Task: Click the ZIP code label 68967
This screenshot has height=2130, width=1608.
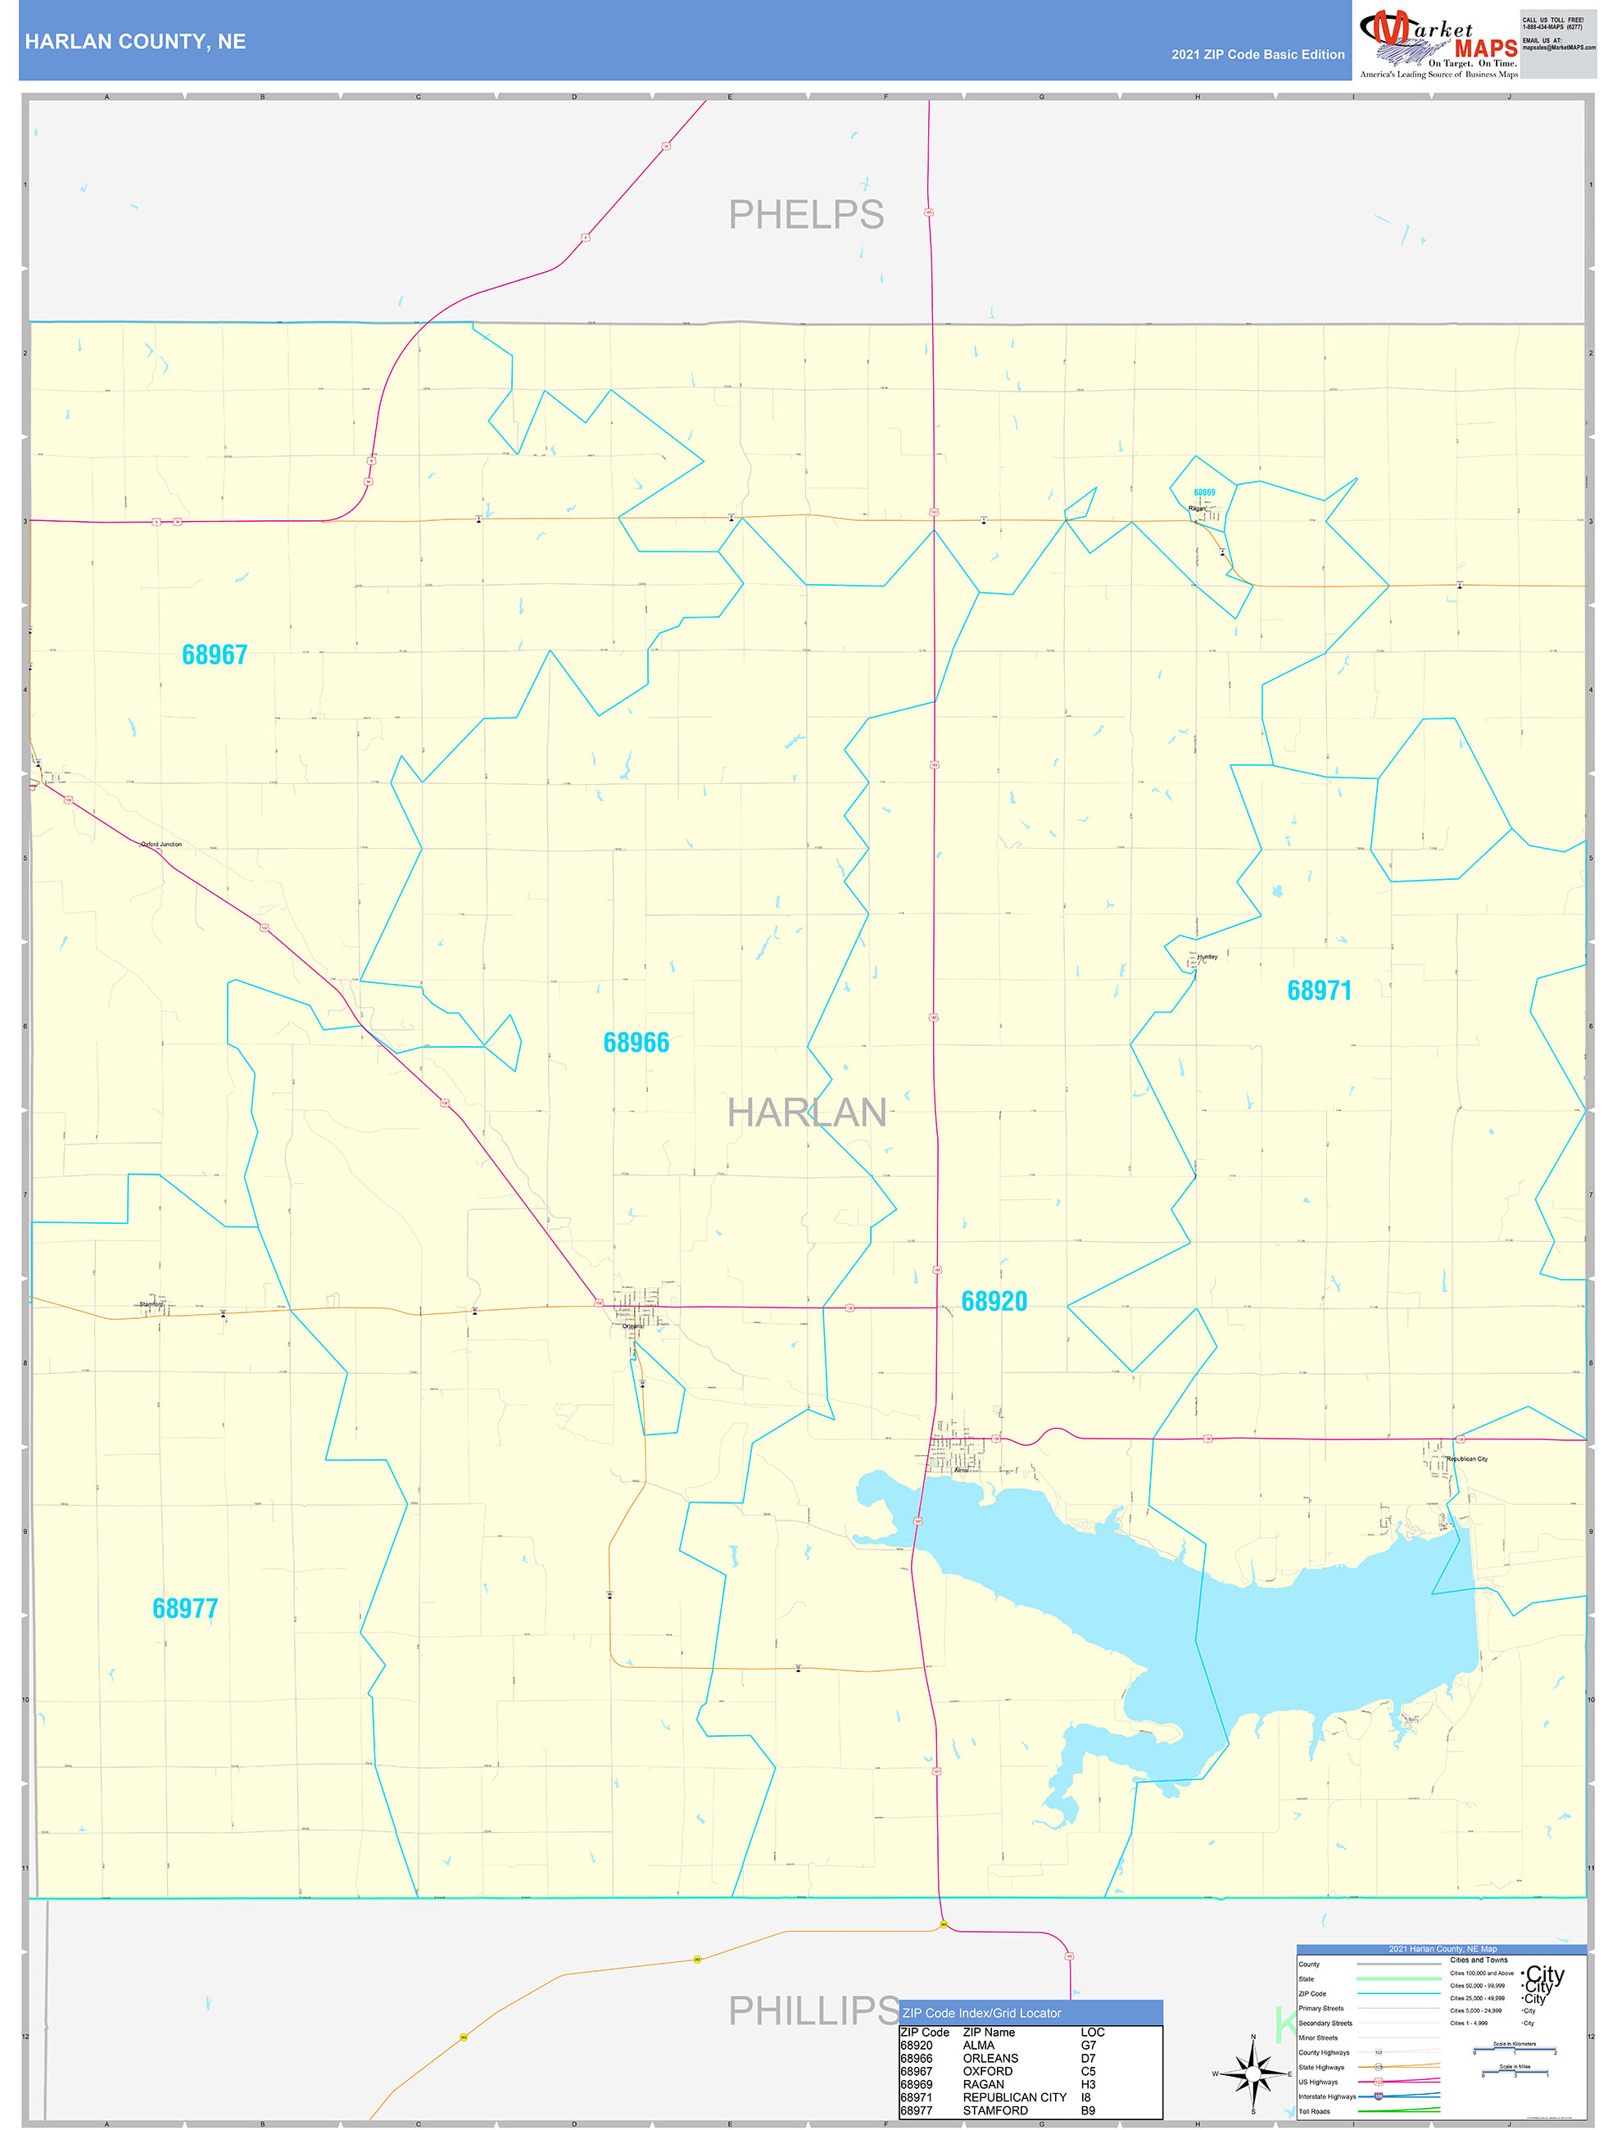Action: tap(215, 655)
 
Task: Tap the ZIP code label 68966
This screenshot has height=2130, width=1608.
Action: tap(636, 1043)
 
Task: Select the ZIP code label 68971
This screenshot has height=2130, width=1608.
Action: tap(1319, 990)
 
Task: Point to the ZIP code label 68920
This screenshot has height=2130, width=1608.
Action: tap(994, 1302)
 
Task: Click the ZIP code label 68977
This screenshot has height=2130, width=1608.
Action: tap(185, 1608)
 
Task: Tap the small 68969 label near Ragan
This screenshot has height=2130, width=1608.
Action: tap(1203, 492)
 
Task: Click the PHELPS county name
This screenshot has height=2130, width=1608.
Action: tap(806, 215)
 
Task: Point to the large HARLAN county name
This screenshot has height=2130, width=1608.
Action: tap(806, 1113)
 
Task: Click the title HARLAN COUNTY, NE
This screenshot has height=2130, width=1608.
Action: tap(136, 42)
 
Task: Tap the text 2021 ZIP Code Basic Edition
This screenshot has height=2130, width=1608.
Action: tap(1257, 55)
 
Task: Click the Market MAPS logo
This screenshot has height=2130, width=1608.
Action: tap(1438, 43)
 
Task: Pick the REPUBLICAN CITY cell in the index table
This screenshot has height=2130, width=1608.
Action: tap(1014, 2097)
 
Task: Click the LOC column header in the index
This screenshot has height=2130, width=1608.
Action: tap(1092, 2032)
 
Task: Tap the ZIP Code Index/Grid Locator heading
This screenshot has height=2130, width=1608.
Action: tap(981, 2013)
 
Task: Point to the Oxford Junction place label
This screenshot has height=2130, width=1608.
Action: tap(161, 845)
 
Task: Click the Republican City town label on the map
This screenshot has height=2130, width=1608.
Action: tap(1466, 1459)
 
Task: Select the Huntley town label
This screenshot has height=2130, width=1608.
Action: tap(1207, 957)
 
